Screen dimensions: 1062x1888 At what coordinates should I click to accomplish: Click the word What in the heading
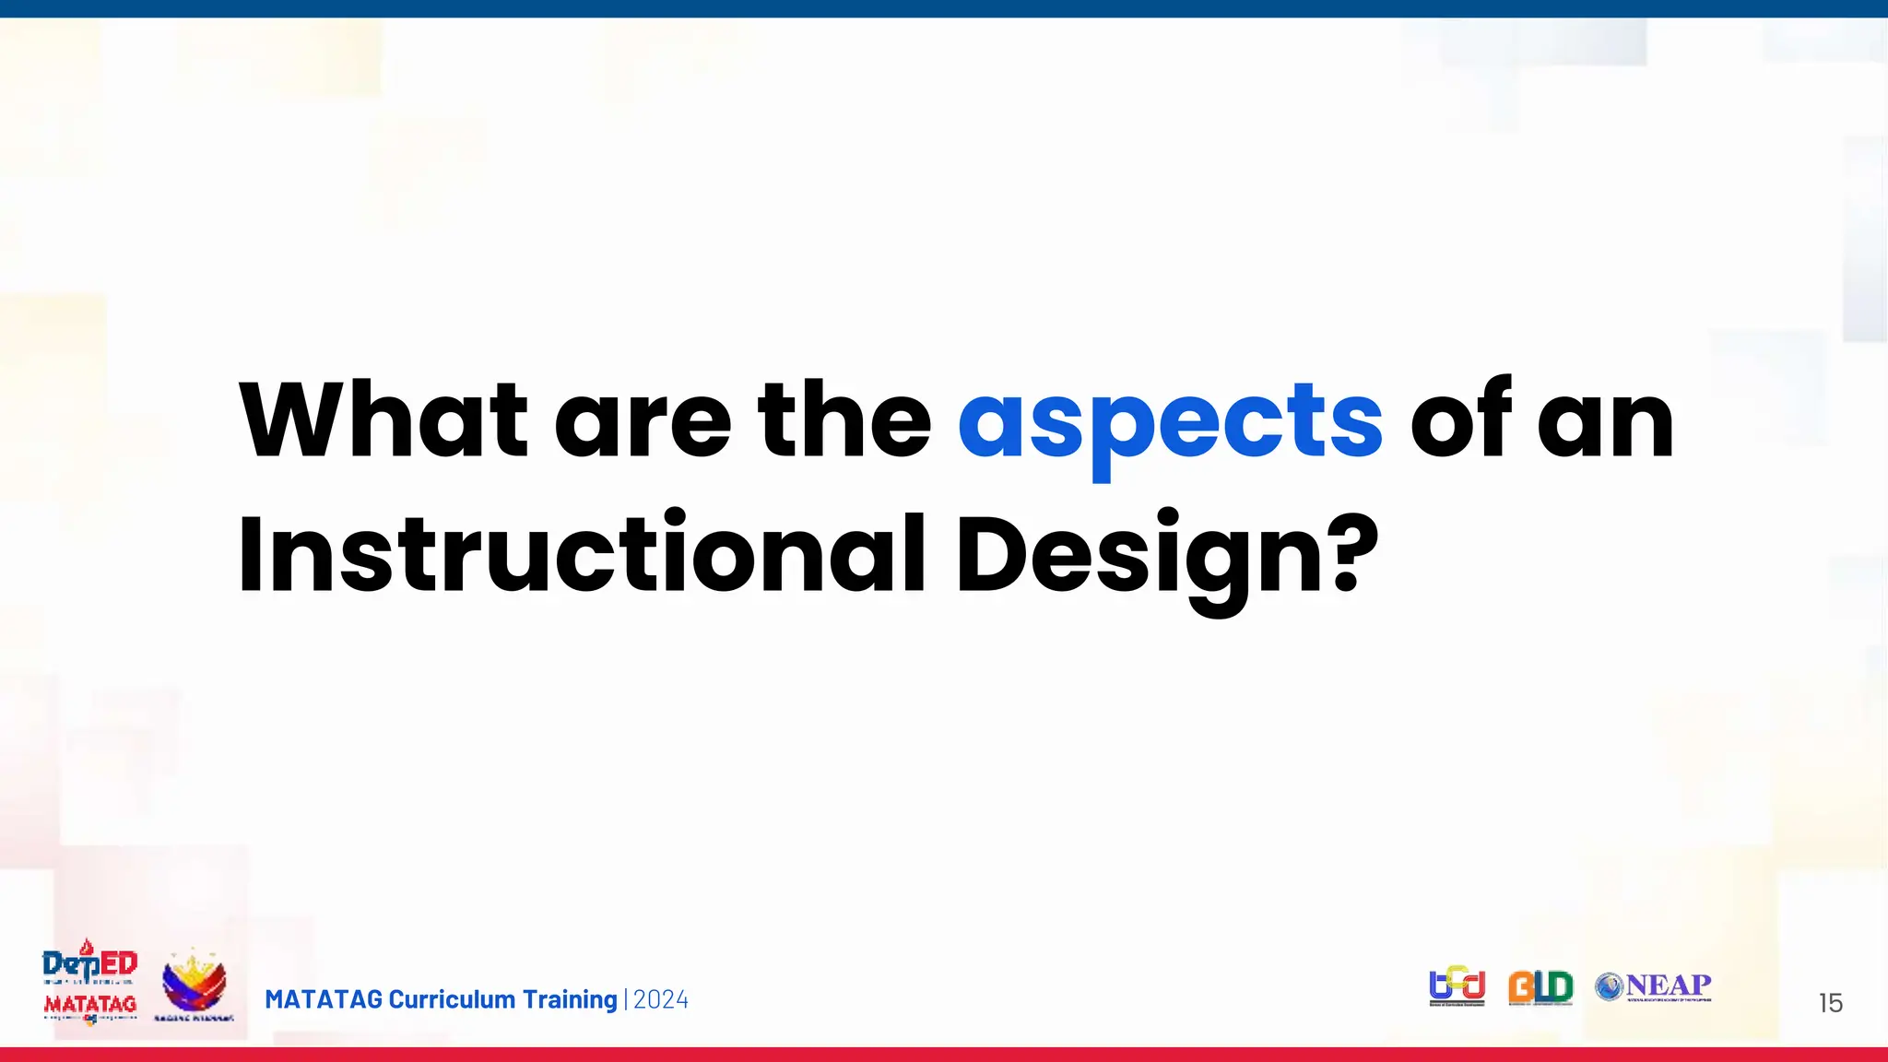(383, 420)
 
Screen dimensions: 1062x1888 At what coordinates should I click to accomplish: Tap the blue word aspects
(1170, 422)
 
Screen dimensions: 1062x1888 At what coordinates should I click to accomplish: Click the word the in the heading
(844, 420)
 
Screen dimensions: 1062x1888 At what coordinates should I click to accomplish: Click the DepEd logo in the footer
(89, 962)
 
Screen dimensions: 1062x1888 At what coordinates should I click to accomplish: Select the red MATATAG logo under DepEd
(89, 1005)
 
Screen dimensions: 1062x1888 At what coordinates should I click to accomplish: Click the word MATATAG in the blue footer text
(323, 999)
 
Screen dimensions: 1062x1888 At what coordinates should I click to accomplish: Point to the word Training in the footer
(569, 999)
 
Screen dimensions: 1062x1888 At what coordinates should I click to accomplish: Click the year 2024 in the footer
(660, 999)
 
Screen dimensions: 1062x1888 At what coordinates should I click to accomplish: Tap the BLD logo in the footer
(1540, 986)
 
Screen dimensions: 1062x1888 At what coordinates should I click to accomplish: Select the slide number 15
(1830, 1003)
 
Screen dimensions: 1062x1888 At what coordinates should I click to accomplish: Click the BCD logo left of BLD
(1457, 985)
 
